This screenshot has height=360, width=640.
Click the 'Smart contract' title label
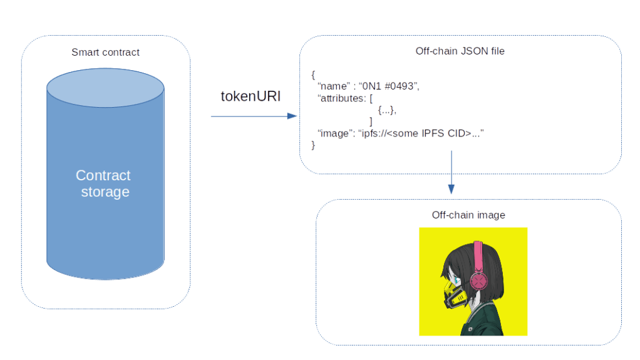pos(105,53)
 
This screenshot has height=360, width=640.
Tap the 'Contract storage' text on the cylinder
pos(104,183)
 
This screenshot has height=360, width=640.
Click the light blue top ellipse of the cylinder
pos(105,88)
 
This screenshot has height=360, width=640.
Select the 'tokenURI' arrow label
pos(250,96)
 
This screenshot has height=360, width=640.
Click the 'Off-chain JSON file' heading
pos(460,51)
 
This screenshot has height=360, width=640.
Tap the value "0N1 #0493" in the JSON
pos(388,86)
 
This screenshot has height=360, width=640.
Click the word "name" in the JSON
pos(332,86)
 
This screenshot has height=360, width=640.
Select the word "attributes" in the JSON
pos(343,99)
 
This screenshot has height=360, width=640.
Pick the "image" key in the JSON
pos(334,133)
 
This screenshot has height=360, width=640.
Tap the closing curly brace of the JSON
pos(314,145)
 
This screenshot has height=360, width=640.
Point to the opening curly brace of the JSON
pos(313,75)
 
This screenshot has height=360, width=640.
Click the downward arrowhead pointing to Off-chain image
pos(451,189)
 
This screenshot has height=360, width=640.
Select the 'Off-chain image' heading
pos(468,215)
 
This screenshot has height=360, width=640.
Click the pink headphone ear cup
pos(479,281)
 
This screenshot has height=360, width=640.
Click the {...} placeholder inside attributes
pos(387,111)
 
